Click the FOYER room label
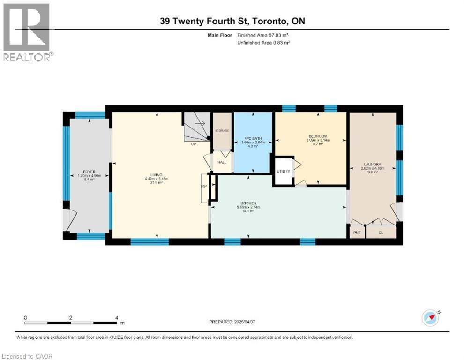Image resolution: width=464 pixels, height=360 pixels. tap(89, 171)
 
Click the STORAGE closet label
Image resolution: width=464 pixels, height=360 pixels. tap(222, 130)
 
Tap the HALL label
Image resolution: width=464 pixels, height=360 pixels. tap(222, 162)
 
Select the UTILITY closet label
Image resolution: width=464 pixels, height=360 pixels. tap(283, 171)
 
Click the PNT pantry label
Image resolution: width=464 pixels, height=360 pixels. tap(357, 232)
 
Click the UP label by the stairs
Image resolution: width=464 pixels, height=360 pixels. tap(193, 144)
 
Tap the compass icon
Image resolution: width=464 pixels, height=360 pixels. tap(431, 317)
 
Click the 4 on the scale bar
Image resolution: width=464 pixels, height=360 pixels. tap(116, 317)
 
